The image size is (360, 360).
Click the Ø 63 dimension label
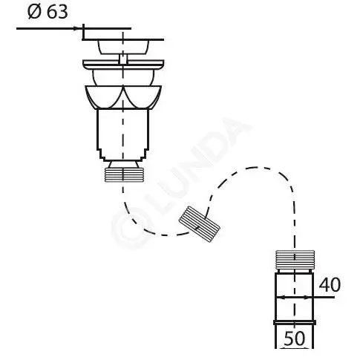48,12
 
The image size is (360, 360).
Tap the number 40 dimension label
330,284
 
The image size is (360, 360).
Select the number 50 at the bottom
295,338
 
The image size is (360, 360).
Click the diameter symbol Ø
34,12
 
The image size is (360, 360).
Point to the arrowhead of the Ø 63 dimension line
78,28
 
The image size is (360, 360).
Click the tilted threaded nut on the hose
200,224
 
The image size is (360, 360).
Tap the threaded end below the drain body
123,174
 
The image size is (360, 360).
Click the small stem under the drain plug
123,59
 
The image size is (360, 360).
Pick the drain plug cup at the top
123,47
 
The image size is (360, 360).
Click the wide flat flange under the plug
123,65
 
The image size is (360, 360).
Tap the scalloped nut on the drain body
123,97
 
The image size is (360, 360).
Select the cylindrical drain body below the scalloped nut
123,135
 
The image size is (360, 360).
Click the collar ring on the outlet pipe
295,322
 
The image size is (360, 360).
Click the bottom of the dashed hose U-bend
163,235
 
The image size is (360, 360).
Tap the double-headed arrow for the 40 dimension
295,297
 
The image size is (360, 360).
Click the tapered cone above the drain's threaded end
123,165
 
